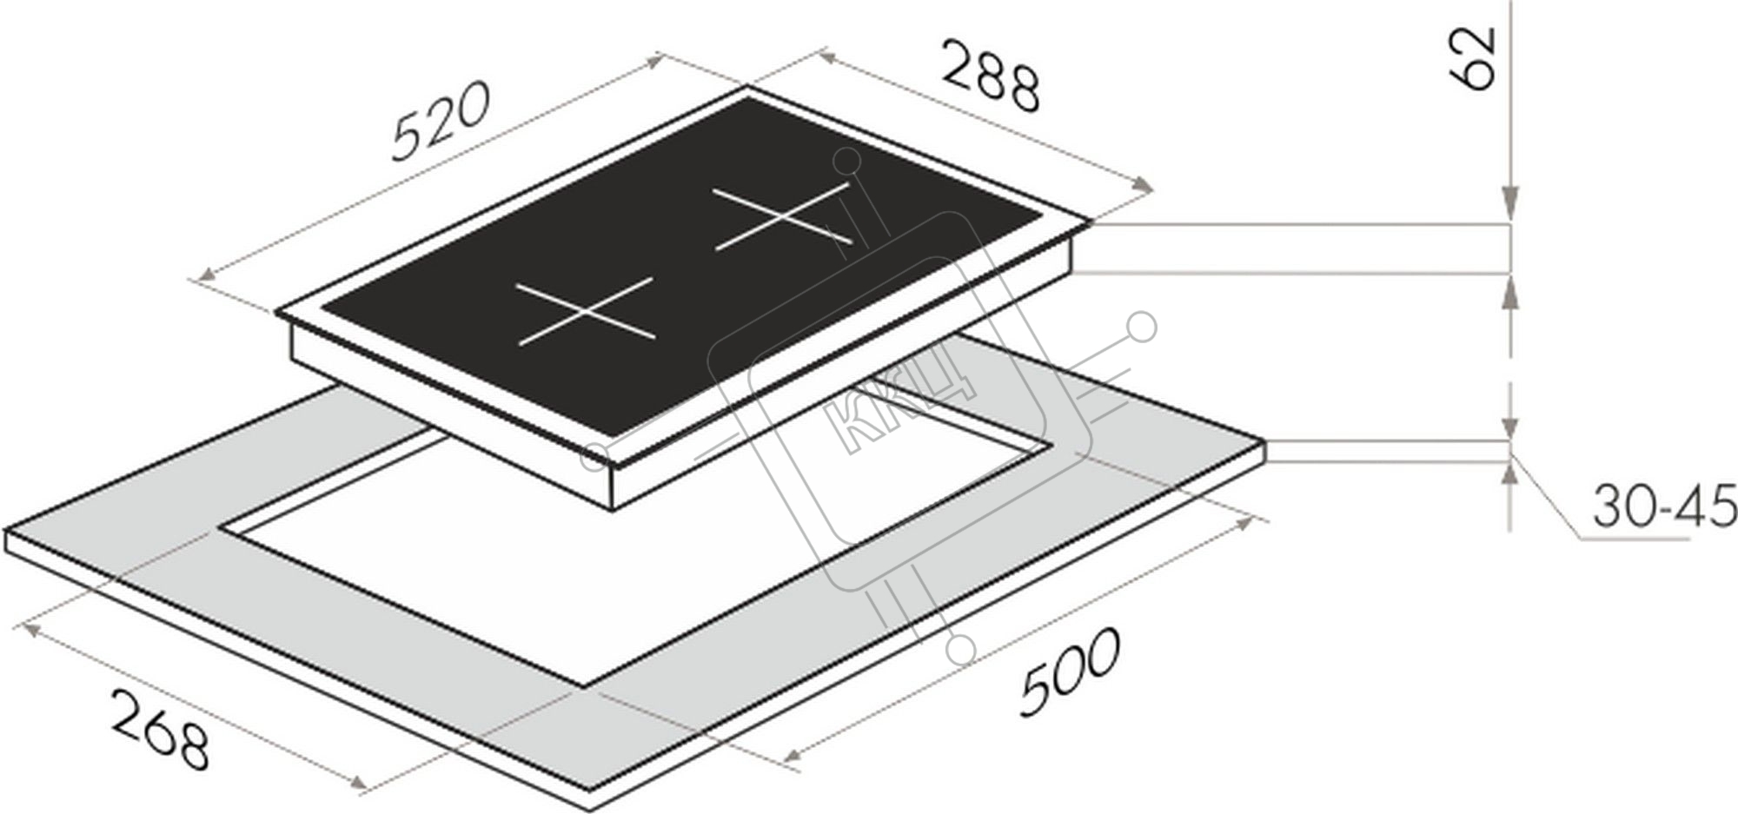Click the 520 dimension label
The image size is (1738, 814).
443,121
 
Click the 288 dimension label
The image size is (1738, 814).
990,76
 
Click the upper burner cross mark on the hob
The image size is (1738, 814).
782,217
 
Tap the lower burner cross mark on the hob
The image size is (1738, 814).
586,311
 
